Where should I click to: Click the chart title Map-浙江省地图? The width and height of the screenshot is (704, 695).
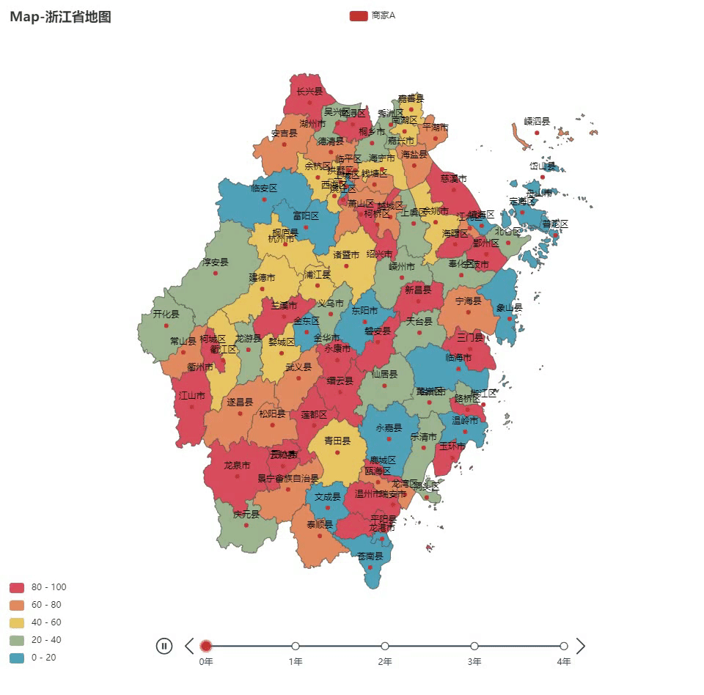tap(61, 17)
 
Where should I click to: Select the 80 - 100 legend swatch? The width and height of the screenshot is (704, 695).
tap(17, 587)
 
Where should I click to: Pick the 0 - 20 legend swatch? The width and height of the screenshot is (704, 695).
tap(17, 658)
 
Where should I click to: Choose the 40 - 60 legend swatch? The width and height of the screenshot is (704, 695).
tap(17, 622)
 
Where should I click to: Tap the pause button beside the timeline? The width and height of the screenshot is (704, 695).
tap(164, 646)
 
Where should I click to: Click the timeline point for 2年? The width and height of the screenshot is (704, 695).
tap(385, 646)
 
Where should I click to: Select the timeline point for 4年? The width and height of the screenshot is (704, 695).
tap(564, 646)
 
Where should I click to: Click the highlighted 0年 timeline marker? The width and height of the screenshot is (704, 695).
tap(206, 646)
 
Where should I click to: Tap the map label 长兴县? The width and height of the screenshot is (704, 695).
tap(309, 92)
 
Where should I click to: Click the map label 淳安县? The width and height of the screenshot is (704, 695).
tap(216, 262)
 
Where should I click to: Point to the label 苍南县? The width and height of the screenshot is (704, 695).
tap(370, 556)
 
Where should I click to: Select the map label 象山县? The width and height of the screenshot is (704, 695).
tap(509, 308)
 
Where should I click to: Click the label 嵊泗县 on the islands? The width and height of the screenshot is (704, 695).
tap(537, 121)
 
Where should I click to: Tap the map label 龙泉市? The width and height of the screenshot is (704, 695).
tap(237, 466)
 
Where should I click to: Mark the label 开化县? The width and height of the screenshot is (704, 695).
tap(166, 314)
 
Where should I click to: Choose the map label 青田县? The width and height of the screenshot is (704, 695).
tap(337, 441)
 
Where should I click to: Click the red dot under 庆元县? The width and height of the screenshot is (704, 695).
tap(246, 525)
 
